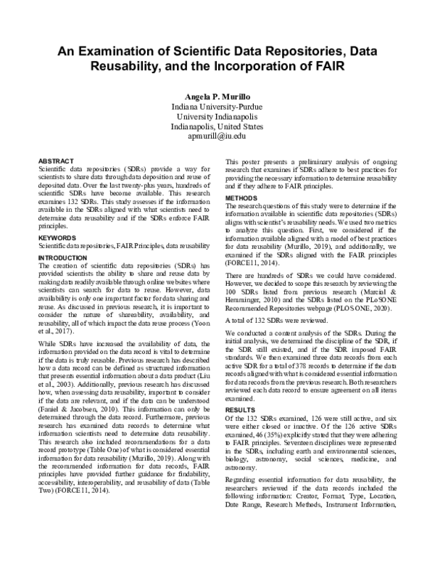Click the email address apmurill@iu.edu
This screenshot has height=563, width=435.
point(217,135)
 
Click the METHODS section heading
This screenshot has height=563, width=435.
point(242,198)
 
